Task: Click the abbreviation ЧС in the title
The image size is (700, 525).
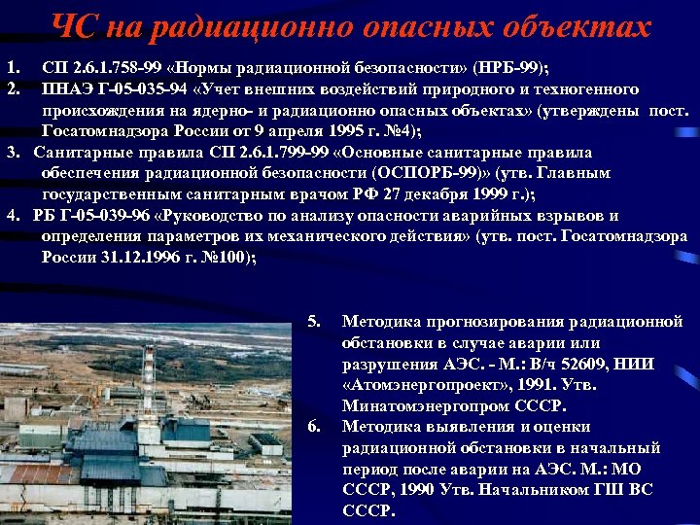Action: pyautogui.click(x=74, y=28)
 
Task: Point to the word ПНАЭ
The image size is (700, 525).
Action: pyautogui.click(x=67, y=89)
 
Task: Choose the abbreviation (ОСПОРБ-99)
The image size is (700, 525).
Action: pyautogui.click(x=416, y=173)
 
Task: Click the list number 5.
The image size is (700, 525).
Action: pyautogui.click(x=314, y=322)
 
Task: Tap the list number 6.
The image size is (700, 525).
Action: pyautogui.click(x=314, y=427)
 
